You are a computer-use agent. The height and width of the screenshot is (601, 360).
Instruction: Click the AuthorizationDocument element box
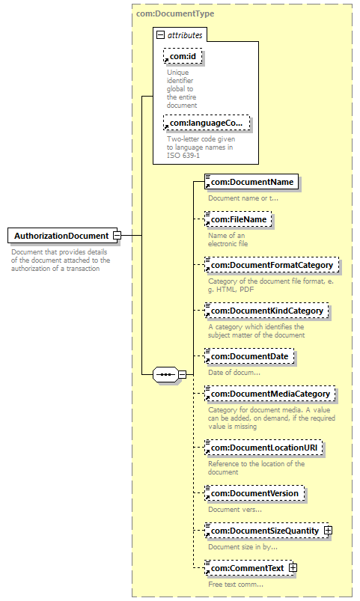point(62,235)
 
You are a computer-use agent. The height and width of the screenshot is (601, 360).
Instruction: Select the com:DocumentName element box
point(251,182)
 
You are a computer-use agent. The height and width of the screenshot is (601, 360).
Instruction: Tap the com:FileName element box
point(238,219)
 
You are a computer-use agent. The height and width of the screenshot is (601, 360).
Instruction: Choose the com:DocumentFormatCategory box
point(272,265)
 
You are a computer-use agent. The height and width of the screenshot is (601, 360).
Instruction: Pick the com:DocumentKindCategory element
point(266,311)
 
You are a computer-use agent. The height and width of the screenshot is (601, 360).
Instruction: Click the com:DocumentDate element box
point(249,356)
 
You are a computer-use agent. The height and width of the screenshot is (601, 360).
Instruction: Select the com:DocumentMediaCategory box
point(270,394)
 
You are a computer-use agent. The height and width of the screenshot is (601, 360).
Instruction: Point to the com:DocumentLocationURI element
point(263,448)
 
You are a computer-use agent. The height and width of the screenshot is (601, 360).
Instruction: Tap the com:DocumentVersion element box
point(254,493)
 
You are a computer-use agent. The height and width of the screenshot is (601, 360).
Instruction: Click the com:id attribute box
point(183,56)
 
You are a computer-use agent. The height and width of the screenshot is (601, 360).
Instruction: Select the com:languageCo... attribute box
point(207,123)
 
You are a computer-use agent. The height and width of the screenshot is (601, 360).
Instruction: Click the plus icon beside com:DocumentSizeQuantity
point(328,531)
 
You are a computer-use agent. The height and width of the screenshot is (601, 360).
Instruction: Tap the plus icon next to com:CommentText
point(293,567)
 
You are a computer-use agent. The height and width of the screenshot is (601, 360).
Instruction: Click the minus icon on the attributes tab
point(161,35)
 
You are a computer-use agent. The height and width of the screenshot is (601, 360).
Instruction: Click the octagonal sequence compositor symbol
point(165,374)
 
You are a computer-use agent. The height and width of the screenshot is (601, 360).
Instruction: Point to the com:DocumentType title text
point(175,13)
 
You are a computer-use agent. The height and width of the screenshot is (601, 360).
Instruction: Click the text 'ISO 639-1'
point(183,156)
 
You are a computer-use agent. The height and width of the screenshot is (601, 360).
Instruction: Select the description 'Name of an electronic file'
point(228,240)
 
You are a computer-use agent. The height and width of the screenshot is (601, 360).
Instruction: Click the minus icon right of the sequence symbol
point(183,374)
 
